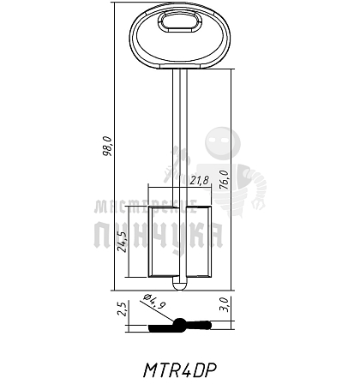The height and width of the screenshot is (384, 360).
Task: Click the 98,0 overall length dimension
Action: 107,146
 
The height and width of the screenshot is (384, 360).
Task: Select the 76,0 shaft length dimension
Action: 224,179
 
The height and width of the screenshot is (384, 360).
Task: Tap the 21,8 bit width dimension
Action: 200,181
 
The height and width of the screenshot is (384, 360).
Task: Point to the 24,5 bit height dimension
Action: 123,242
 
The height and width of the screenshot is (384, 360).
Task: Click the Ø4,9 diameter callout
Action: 154,302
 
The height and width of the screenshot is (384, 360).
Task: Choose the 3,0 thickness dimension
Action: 225,304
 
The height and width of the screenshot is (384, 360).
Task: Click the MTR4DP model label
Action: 180,369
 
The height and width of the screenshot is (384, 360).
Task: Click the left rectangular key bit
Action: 161,242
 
